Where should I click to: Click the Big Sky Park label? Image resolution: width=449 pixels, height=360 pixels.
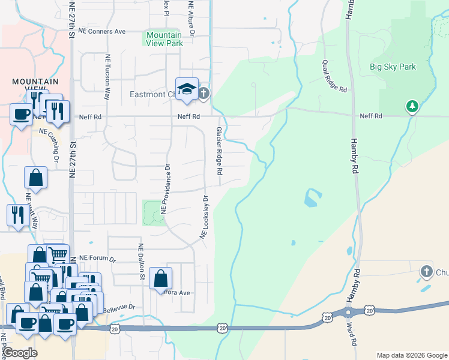click(x=393, y=67)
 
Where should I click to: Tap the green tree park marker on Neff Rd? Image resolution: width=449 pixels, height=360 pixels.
click(x=412, y=107)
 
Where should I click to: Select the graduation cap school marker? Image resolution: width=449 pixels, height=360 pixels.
click(x=187, y=89)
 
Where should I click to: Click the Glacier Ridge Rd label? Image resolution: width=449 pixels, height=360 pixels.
click(x=220, y=150)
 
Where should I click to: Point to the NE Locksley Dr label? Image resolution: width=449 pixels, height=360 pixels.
click(x=205, y=217)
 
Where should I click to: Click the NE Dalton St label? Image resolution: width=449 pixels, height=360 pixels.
click(x=142, y=262)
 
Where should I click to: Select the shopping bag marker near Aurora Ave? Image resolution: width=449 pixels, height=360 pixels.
click(x=160, y=278)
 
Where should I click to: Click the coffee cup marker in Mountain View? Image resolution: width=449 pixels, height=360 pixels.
click(x=21, y=113)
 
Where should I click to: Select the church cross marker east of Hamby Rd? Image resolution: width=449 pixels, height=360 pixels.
click(x=427, y=271)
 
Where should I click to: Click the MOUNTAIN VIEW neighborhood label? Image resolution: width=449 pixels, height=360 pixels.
click(x=36, y=85)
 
